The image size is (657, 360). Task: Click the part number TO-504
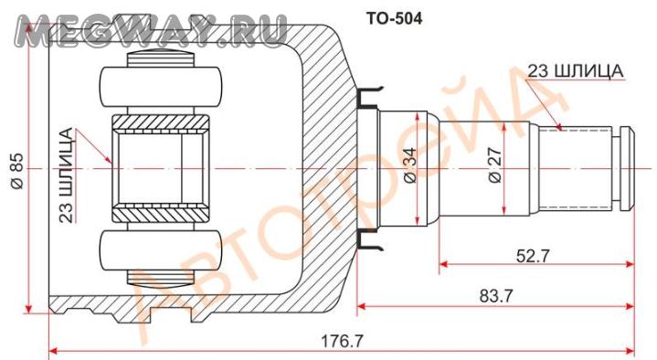point(394,18)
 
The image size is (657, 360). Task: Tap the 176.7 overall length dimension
point(342,341)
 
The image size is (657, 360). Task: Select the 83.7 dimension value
point(495,296)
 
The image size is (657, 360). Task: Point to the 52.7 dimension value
point(532,256)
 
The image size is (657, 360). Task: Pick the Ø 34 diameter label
point(410,165)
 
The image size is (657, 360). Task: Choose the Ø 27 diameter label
point(495,165)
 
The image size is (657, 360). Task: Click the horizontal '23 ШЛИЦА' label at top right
point(575,71)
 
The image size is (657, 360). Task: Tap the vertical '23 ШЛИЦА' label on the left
point(66,175)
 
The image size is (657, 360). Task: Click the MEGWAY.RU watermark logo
point(152,30)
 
